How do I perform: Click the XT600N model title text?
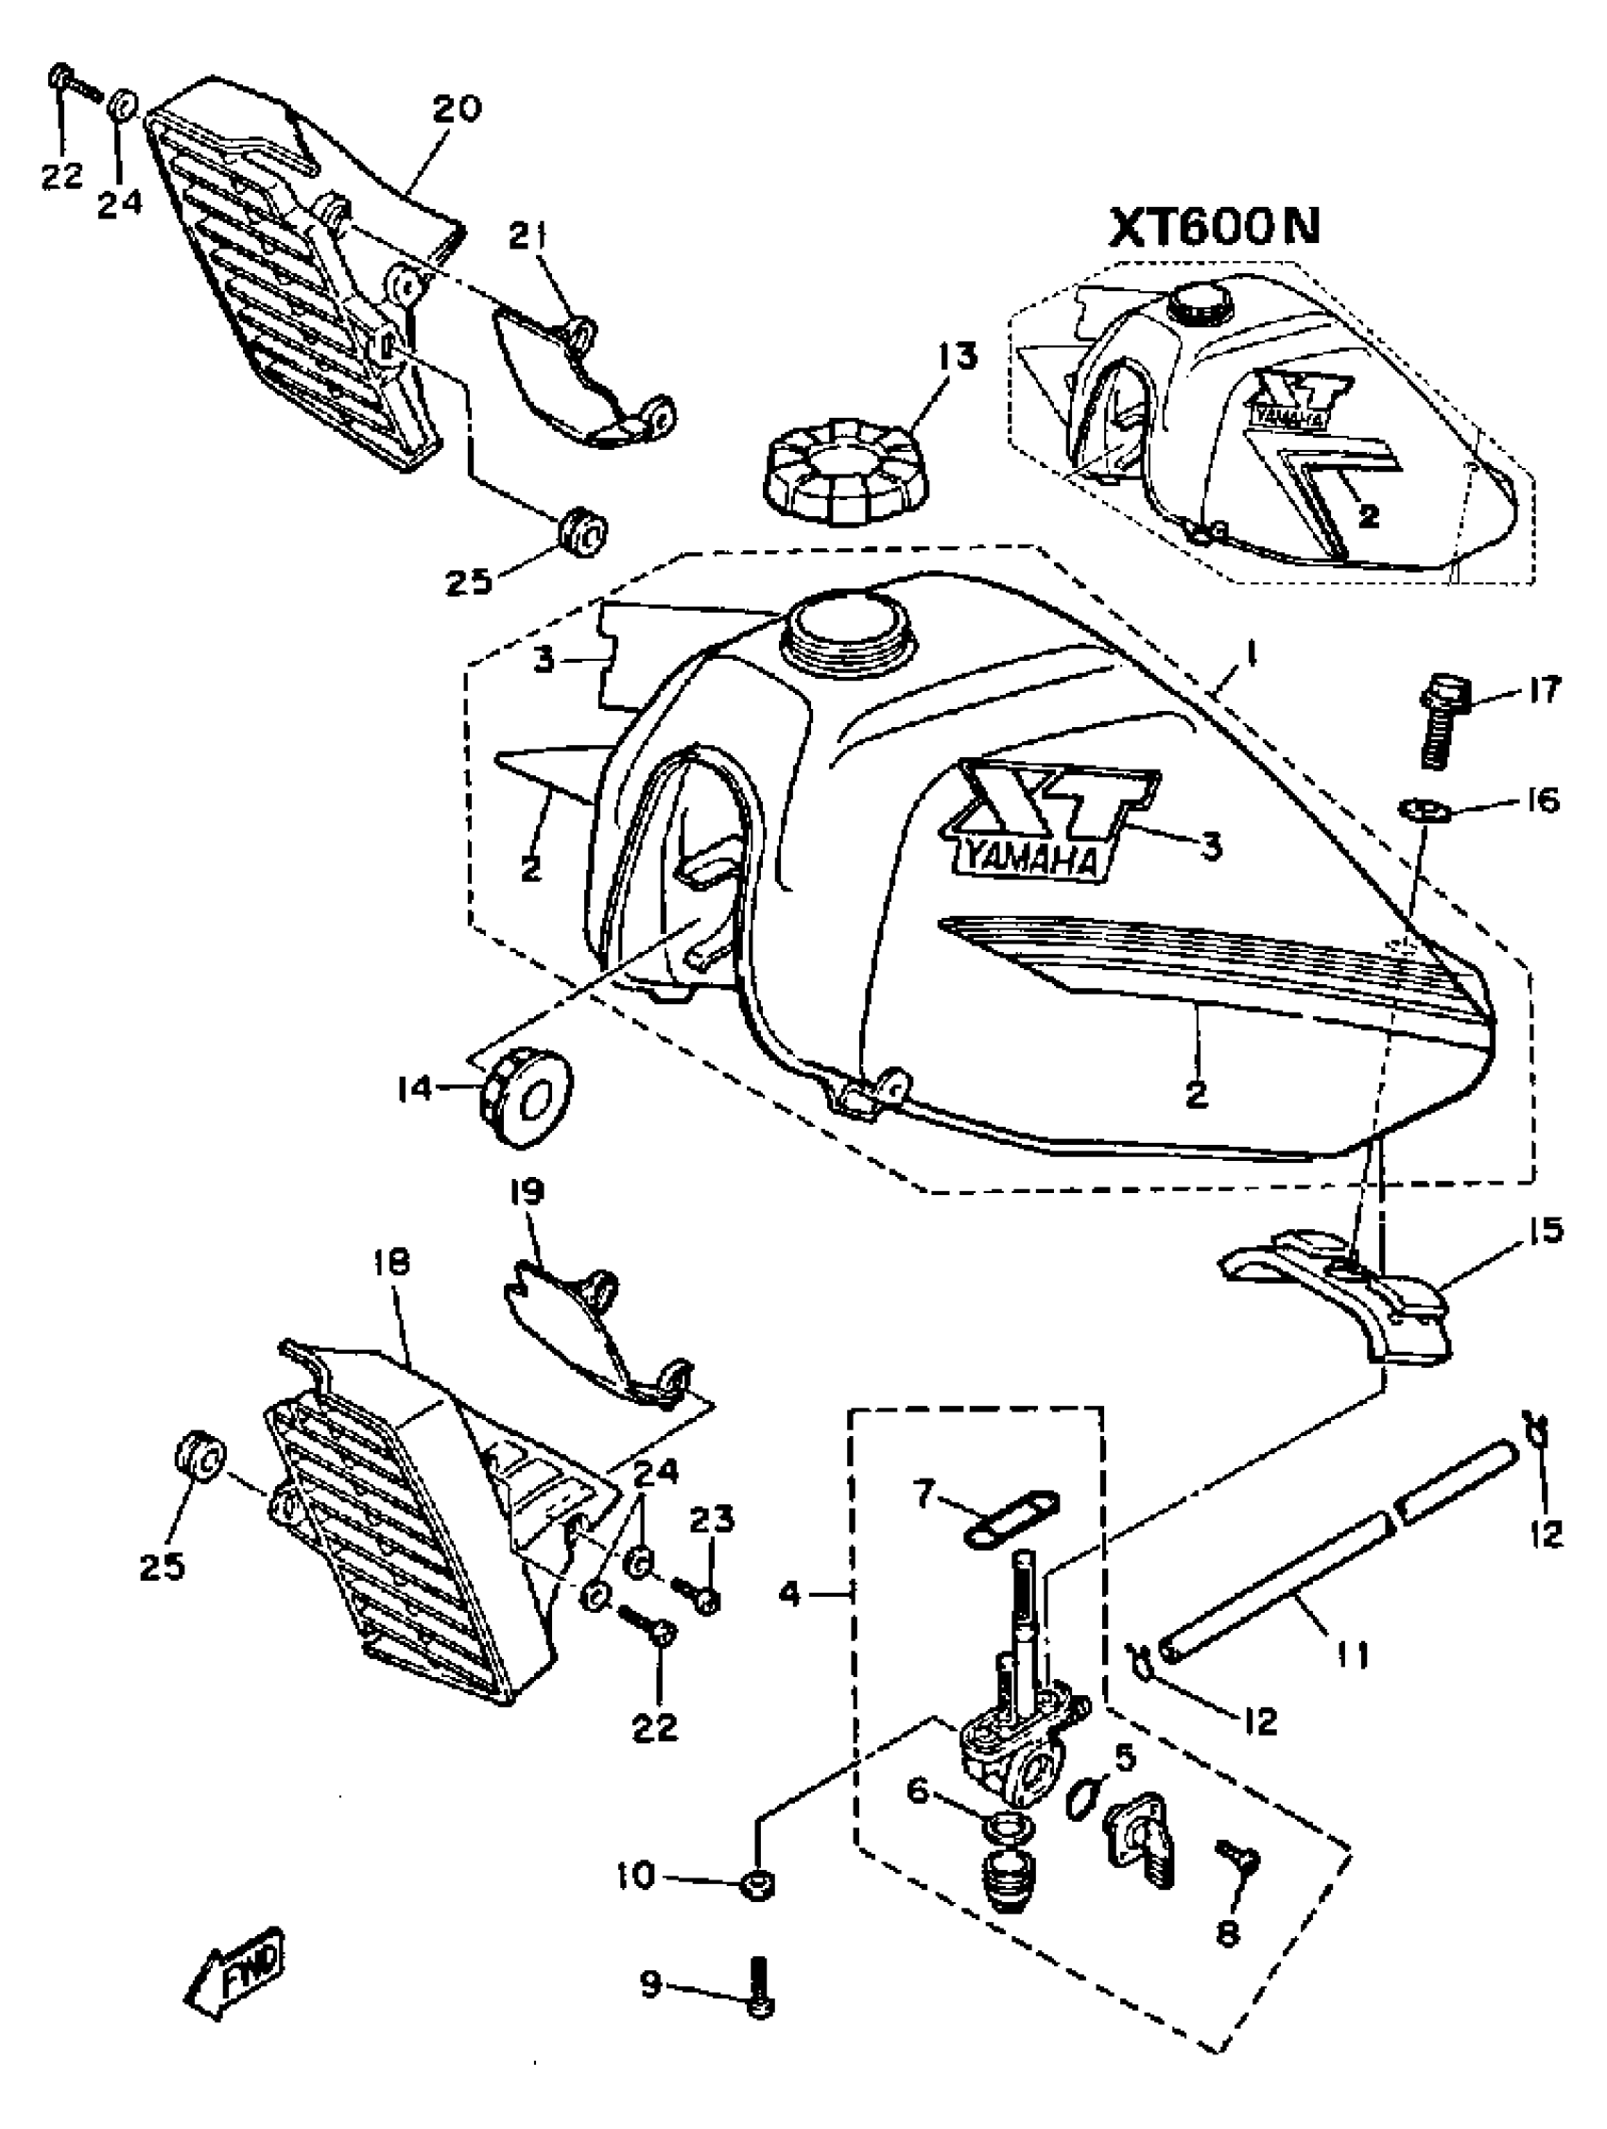point(1216,227)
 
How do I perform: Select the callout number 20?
point(458,109)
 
